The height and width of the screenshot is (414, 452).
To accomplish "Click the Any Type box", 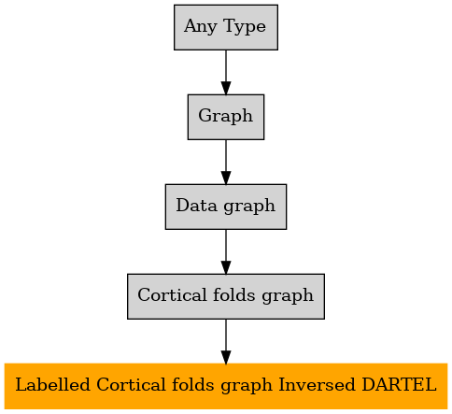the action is [226, 27].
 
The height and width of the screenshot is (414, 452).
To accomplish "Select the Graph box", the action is [226, 117].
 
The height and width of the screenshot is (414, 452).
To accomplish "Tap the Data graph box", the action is [226, 207].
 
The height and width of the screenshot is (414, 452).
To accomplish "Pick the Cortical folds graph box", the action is [226, 296].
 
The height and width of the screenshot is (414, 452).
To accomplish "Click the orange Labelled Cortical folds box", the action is [226, 386].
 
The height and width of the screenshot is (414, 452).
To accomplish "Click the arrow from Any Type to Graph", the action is [226, 72].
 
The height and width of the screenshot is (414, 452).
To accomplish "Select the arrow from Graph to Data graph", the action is [226, 162].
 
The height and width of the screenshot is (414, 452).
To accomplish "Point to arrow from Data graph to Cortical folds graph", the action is [226, 251].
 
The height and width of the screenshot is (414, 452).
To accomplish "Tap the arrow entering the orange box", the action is [226, 341].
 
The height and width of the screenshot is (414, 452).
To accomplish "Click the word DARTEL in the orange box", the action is [399, 384].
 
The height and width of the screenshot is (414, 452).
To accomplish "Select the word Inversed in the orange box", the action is [317, 384].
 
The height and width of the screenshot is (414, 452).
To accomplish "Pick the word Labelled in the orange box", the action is [52, 384].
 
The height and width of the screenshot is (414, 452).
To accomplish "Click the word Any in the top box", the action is [200, 27].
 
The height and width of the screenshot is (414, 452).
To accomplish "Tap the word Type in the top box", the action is [245, 27].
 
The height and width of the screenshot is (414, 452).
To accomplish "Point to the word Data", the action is [196, 206].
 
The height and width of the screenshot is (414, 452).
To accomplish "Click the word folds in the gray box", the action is [234, 294].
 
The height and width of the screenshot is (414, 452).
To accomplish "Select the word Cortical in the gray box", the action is [172, 294].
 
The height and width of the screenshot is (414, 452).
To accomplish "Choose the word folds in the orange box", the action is [193, 384].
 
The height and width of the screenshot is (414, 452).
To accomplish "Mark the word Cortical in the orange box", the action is [131, 384].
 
